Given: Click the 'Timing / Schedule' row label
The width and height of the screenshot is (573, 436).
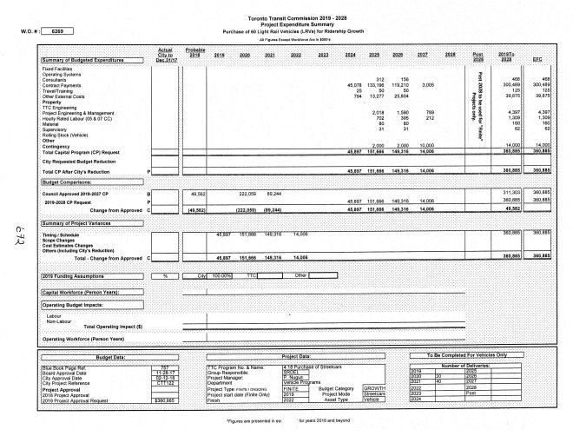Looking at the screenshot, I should [60, 235].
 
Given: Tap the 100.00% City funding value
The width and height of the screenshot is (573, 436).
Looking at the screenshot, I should [223, 274].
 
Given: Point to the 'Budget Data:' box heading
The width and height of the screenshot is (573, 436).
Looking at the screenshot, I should [114, 356].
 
